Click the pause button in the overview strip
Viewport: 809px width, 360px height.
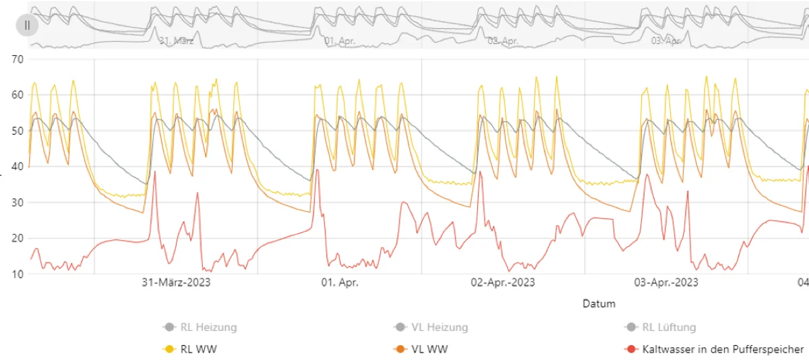[x=27, y=25]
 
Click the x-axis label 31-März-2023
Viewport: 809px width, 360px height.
[x=176, y=282]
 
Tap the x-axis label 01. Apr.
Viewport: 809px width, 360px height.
[x=340, y=282]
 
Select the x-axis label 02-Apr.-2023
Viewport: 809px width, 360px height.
[x=503, y=282]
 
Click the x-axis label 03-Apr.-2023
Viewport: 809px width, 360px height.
[x=666, y=282]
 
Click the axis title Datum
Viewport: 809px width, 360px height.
[x=599, y=303]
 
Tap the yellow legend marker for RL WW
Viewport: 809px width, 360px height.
[x=170, y=349]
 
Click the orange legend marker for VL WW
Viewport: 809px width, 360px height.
[x=400, y=349]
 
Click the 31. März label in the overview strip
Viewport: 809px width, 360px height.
[x=177, y=40]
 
